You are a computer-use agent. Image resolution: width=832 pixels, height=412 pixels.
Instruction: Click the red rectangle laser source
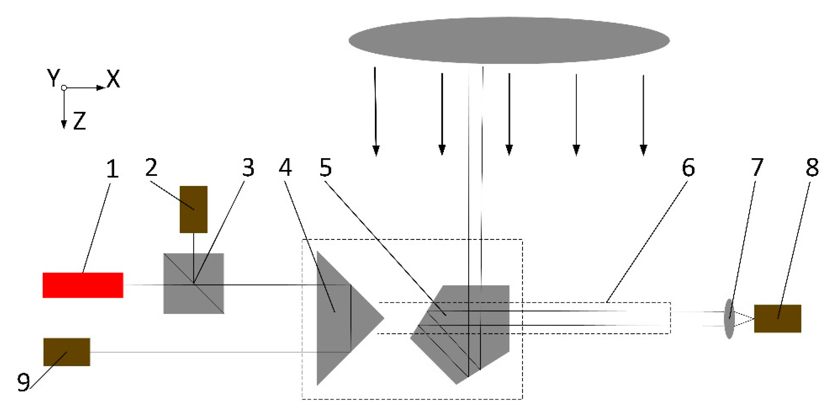(83, 285)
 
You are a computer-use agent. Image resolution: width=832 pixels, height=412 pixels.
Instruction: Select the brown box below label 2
(194, 209)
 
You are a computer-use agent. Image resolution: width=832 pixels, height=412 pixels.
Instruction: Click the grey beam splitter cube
(194, 284)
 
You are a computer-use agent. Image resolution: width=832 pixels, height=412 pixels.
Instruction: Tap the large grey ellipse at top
(509, 40)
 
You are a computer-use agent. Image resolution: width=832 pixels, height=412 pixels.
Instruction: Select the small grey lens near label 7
(729, 319)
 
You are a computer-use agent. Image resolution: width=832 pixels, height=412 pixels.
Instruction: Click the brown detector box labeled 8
(778, 319)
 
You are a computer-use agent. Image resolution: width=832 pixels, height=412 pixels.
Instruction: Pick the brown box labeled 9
(66, 352)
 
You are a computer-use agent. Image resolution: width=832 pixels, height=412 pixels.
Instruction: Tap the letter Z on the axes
(79, 121)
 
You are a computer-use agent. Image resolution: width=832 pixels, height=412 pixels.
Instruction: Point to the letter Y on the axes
(53, 78)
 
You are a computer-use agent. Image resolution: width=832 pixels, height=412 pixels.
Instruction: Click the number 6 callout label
(688, 168)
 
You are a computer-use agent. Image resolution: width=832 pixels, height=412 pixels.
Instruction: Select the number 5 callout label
(326, 168)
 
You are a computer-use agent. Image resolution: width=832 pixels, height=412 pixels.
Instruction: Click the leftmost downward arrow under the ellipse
(375, 111)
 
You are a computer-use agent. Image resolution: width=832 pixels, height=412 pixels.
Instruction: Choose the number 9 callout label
(23, 382)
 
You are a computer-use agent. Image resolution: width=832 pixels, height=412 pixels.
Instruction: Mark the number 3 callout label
(248, 168)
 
